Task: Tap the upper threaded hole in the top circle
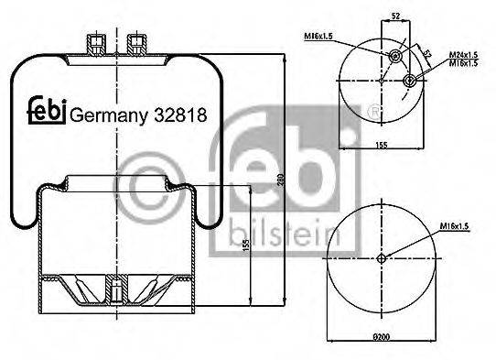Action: [395, 58]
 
